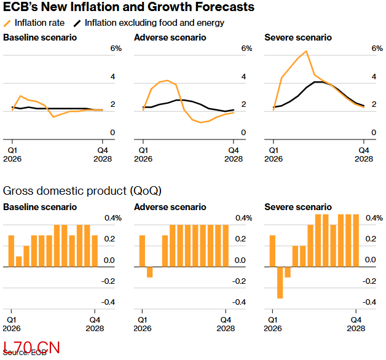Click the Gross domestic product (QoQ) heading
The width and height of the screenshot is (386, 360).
tap(82, 191)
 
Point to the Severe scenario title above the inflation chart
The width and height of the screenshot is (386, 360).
tap(297, 37)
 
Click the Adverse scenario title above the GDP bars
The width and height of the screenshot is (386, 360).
tap(170, 207)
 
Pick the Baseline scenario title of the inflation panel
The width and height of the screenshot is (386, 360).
tap(40, 37)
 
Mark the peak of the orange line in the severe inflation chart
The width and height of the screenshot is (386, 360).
tap(305, 51)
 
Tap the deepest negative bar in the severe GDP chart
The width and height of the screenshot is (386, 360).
tap(280, 283)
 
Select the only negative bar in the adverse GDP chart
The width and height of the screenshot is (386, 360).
tap(149, 272)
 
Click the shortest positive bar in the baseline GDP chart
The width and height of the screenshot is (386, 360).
tap(19, 262)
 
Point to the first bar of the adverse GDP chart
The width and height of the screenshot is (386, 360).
tap(142, 251)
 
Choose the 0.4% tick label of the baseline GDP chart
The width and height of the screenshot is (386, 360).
tap(114, 218)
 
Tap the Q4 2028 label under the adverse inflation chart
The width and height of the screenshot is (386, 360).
tap(234, 154)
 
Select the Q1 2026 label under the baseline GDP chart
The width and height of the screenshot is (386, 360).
tap(12, 324)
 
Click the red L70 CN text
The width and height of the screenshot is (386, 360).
tap(31, 347)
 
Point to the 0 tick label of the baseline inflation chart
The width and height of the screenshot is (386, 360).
tap(112, 133)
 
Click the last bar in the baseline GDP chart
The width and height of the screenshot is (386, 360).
tap(95, 251)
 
